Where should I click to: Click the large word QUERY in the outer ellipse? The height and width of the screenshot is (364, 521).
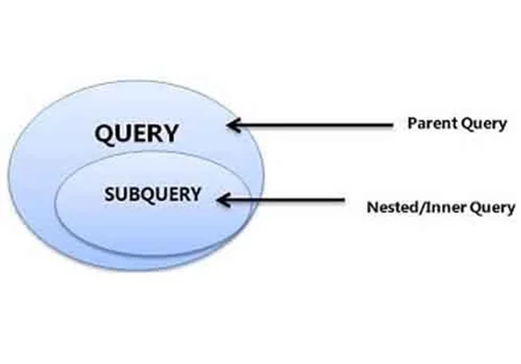click(x=137, y=133)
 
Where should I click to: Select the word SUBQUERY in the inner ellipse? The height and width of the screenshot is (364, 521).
click(x=152, y=194)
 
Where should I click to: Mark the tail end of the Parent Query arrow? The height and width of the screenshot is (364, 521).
click(x=393, y=125)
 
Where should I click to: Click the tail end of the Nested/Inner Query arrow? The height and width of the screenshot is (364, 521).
click(x=345, y=200)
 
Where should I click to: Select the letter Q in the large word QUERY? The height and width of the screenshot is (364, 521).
click(x=104, y=135)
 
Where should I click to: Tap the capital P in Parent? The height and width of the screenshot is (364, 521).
click(x=413, y=123)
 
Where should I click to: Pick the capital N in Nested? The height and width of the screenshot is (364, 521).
click(x=373, y=207)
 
